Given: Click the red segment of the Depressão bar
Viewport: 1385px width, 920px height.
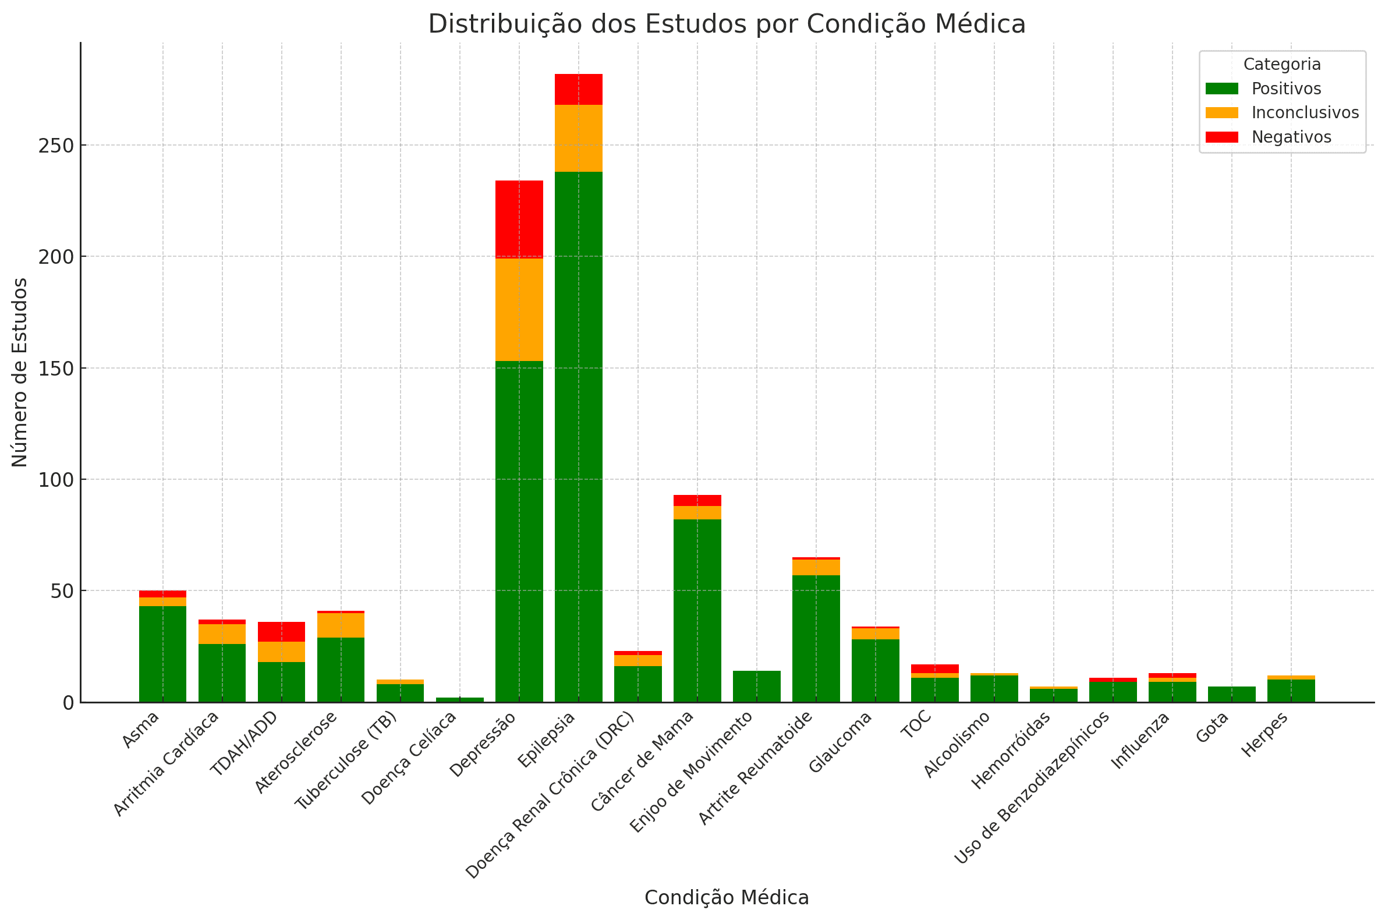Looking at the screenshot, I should [519, 219].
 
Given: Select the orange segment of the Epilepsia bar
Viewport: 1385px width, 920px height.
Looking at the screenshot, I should [579, 138].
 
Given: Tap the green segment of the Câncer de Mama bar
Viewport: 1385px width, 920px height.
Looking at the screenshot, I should [697, 610].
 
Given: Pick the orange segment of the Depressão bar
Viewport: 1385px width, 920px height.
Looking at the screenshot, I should [519, 309].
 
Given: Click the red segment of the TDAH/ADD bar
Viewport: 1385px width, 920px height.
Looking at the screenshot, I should [281, 631].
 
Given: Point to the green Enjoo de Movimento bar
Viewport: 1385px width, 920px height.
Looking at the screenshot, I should [756, 686].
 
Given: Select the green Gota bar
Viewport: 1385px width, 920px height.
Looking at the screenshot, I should [1231, 694].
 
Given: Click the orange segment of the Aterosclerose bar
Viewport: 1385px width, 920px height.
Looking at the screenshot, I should [340, 625].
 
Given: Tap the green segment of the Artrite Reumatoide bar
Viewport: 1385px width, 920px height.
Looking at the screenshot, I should [816, 638].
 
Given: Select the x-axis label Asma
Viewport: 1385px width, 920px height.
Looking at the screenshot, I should [141, 730].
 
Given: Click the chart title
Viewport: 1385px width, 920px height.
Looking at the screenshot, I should [726, 24].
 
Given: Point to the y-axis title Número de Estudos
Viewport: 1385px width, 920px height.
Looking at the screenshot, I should [20, 372].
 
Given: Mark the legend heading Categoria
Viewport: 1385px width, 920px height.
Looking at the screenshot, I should [1281, 65].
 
